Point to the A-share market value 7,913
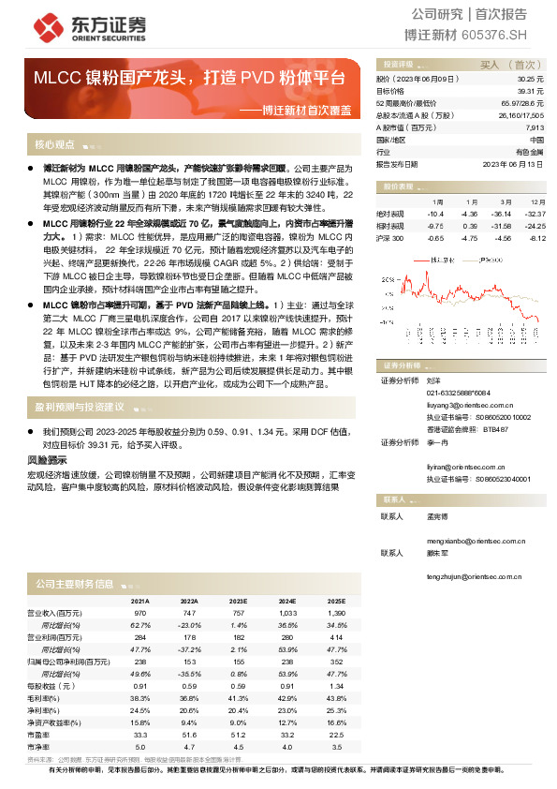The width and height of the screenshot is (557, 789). point(534,127)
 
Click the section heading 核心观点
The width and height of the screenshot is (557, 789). point(54,145)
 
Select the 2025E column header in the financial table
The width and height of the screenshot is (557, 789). point(336,600)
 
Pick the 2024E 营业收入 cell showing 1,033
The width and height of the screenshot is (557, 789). point(286,611)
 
